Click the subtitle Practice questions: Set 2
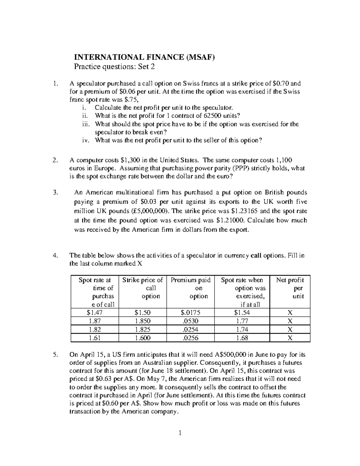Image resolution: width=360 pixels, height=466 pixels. point(114,67)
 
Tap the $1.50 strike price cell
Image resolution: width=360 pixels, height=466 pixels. point(142,313)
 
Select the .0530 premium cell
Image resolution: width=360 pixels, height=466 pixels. point(190,321)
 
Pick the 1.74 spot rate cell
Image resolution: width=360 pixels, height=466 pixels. point(242,329)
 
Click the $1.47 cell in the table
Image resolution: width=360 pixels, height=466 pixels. point(94,313)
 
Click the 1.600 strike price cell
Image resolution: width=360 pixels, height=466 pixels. point(142,338)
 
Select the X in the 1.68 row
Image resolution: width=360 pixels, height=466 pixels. point(290,338)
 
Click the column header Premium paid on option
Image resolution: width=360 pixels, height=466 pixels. point(190,288)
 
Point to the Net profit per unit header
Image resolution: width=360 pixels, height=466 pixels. point(290,288)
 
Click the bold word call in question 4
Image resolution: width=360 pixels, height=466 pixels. point(256,256)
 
